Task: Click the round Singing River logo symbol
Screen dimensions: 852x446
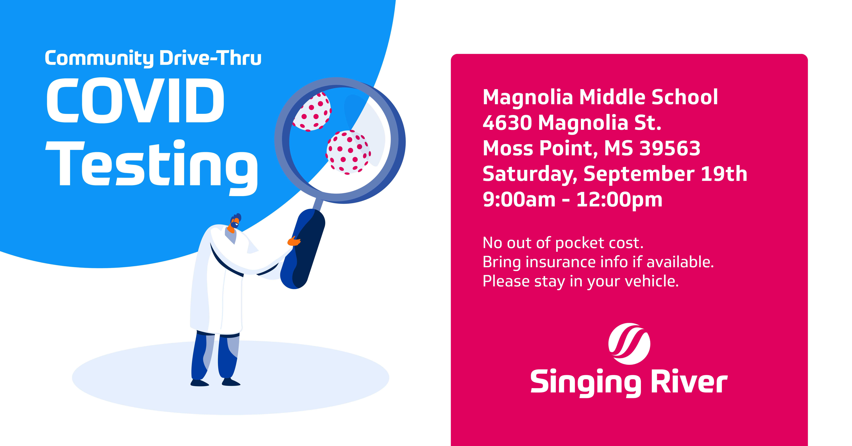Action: point(629,344)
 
